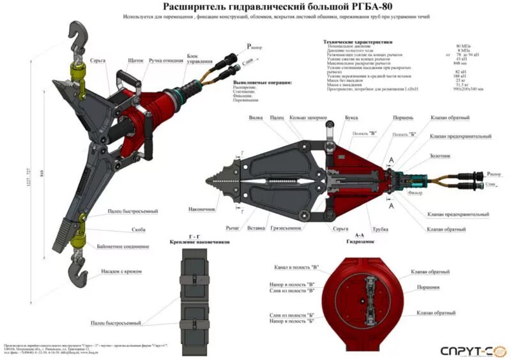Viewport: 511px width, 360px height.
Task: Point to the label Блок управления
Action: [x=198, y=59]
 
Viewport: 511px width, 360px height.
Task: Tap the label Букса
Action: [x=351, y=118]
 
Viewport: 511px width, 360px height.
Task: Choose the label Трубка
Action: [x=381, y=228]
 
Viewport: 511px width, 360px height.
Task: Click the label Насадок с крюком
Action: [x=121, y=271]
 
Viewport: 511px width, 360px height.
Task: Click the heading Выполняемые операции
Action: [x=263, y=82]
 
